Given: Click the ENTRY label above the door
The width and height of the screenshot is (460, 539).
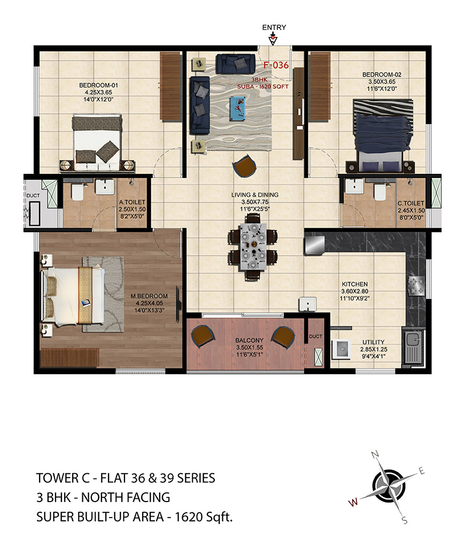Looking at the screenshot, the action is pos(274,27).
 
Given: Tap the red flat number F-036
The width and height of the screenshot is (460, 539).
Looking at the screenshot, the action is pos(276,65).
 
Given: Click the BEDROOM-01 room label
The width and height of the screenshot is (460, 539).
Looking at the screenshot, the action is pos(99,85).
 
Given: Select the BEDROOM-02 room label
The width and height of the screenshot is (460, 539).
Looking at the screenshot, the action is pos(381,75).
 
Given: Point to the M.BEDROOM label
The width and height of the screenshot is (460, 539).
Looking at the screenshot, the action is pos(149,296).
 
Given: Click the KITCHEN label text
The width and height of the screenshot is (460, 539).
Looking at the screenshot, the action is pos(355,284).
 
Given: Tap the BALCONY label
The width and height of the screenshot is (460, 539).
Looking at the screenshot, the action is pos(250,340).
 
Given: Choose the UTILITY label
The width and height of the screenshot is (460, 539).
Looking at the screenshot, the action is pos(373,342).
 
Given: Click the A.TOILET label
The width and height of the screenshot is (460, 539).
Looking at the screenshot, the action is pos(132,202).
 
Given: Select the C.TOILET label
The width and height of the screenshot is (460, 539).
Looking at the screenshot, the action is pos(411,203).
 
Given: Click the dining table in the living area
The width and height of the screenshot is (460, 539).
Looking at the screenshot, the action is pos(253,246).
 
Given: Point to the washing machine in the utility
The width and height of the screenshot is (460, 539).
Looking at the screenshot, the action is pos(341,349).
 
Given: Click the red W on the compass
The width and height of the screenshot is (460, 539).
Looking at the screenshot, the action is pos(353,502).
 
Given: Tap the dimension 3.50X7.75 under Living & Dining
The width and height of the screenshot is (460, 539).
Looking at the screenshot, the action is pos(254,202).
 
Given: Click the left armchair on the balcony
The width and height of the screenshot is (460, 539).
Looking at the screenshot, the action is pos(203,336).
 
